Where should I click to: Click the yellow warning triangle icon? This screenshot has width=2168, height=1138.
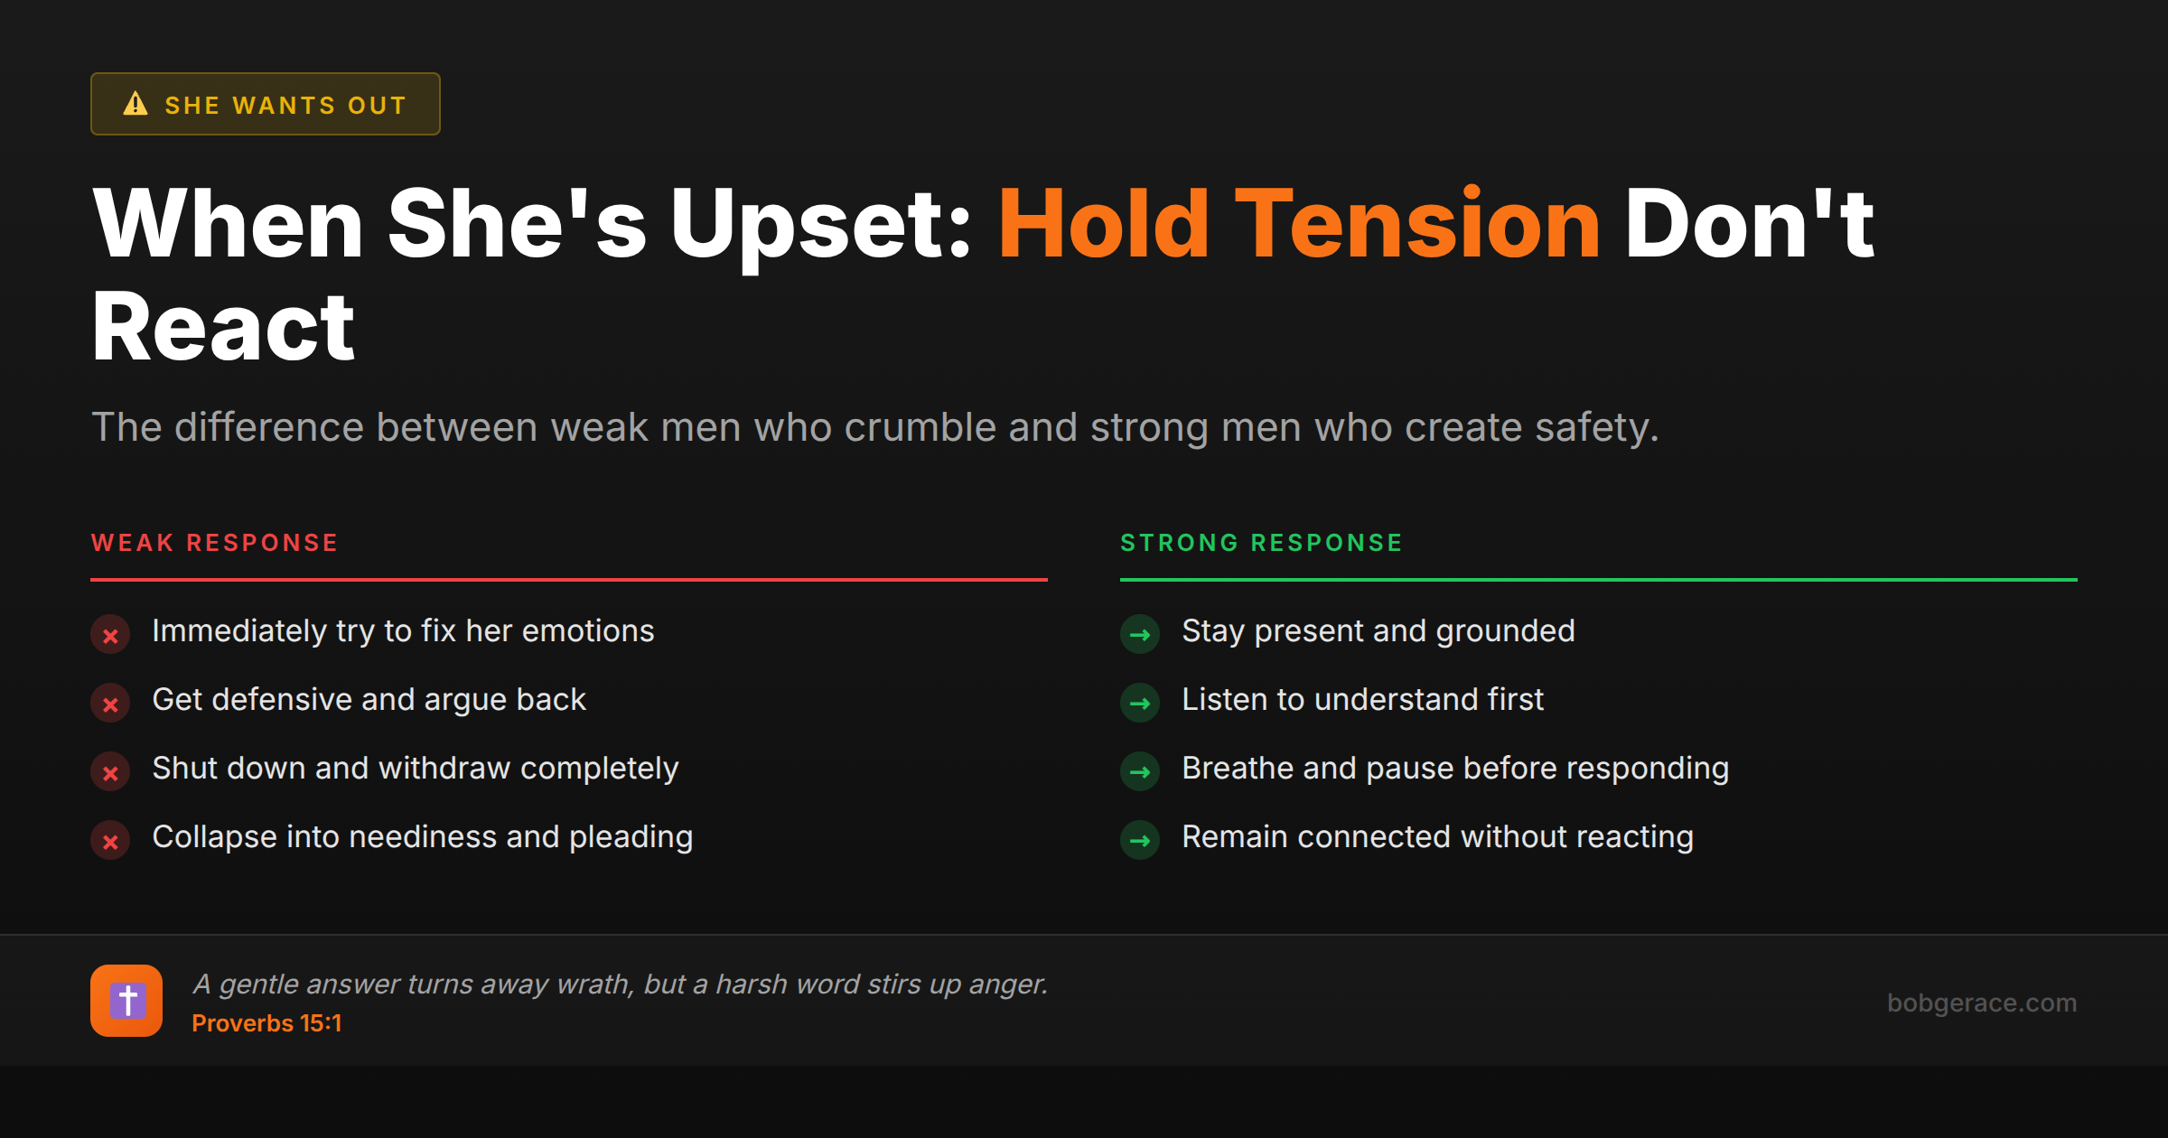pyautogui.click(x=135, y=104)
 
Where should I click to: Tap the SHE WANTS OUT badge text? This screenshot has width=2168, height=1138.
pyautogui.click(x=285, y=106)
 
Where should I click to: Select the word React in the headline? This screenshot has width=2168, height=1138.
pyautogui.click(x=223, y=327)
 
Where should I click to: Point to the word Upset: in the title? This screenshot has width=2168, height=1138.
pyautogui.click(x=820, y=224)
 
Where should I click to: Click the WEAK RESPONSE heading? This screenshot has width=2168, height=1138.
pyautogui.click(x=215, y=543)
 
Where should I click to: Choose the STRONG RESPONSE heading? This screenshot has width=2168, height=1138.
pyautogui.click(x=1261, y=543)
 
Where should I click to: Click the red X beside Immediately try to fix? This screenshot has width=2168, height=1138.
pyautogui.click(x=110, y=635)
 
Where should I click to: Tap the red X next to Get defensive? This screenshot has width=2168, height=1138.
pyautogui.click(x=110, y=704)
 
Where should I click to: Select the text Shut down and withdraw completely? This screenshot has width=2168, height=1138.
pyautogui.click(x=415, y=769)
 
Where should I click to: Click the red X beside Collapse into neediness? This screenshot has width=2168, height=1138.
pyautogui.click(x=110, y=841)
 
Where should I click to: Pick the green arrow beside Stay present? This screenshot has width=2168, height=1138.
pyautogui.click(x=1140, y=635)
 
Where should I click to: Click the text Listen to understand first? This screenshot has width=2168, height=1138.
pyautogui.click(x=1362, y=700)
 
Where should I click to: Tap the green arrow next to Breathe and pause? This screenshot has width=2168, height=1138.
pyautogui.click(x=1140, y=772)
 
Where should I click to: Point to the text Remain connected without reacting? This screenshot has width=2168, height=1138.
pyautogui.click(x=1437, y=837)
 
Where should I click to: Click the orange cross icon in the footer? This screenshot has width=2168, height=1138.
pyautogui.click(x=126, y=1001)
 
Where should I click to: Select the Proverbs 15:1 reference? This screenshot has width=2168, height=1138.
pyautogui.click(x=266, y=1023)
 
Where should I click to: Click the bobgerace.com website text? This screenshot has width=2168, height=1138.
pyautogui.click(x=1981, y=1003)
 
